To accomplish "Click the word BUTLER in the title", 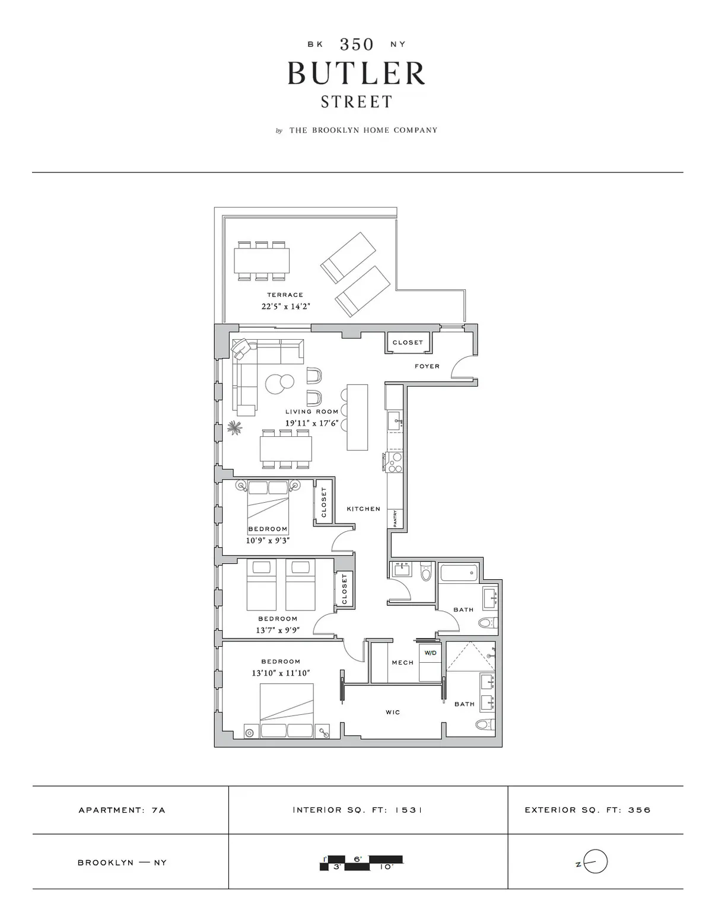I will click(x=357, y=74).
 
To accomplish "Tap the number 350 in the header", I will click(x=357, y=44).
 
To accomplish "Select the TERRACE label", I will click(x=285, y=295).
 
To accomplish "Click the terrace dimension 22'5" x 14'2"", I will click(x=286, y=306).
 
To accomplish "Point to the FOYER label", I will click(x=427, y=366).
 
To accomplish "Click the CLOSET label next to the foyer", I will click(x=408, y=343).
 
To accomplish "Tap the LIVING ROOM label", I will click(x=311, y=411).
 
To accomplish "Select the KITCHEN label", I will click(x=363, y=509).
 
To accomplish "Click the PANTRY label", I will click(x=395, y=518).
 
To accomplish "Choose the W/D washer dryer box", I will click(x=430, y=653).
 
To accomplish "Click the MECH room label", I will click(x=402, y=662).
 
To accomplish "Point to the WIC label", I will click(x=393, y=712).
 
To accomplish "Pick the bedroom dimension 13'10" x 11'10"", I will click(x=281, y=673).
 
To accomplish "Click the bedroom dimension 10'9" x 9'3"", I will click(x=268, y=540).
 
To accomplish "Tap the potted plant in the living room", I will click(x=234, y=427).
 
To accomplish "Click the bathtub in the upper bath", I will click(x=459, y=573).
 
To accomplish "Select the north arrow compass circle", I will click(x=596, y=861).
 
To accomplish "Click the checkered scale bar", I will click(x=361, y=863).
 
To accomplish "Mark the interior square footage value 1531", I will click(x=408, y=810).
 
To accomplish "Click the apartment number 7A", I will click(x=158, y=810).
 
